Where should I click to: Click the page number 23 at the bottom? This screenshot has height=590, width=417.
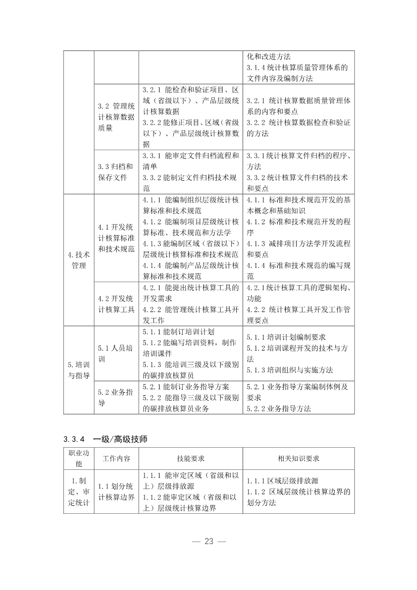(209, 542)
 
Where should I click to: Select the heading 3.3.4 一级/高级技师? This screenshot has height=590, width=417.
(106, 439)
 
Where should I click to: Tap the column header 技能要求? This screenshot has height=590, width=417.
(190, 458)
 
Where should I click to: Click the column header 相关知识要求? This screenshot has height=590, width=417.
(298, 458)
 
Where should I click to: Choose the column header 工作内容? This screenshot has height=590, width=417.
(116, 458)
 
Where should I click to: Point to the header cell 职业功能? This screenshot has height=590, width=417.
(78, 458)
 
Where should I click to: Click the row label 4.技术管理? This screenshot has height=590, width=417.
(78, 260)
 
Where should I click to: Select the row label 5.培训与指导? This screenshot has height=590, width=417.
(78, 370)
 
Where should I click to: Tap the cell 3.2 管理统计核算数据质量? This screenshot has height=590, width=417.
(116, 117)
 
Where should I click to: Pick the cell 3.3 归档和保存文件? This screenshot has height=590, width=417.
(116, 172)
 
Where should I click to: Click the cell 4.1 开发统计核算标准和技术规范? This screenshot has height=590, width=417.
(116, 238)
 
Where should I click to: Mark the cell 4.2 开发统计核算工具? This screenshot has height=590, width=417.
(116, 304)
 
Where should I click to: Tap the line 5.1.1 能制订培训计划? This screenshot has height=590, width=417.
(179, 332)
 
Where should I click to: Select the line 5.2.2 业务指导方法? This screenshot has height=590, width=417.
(279, 409)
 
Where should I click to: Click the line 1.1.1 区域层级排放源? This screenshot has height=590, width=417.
(282, 481)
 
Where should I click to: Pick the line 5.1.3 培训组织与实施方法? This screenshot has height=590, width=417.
(290, 370)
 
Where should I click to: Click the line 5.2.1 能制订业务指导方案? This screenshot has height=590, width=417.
(186, 387)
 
